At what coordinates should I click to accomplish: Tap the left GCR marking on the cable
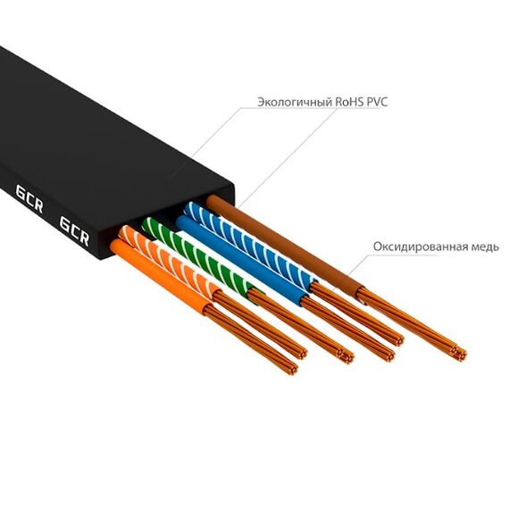[x=29, y=199]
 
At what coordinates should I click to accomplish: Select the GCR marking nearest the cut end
[x=74, y=231]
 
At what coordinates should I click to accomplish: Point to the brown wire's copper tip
[x=460, y=354]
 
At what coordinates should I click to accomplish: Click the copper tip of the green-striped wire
[x=346, y=356]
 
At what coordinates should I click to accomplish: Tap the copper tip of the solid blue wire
[x=388, y=355]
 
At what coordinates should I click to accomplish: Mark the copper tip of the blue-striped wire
[x=398, y=341]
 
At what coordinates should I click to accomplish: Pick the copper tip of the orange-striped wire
[x=301, y=354]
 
